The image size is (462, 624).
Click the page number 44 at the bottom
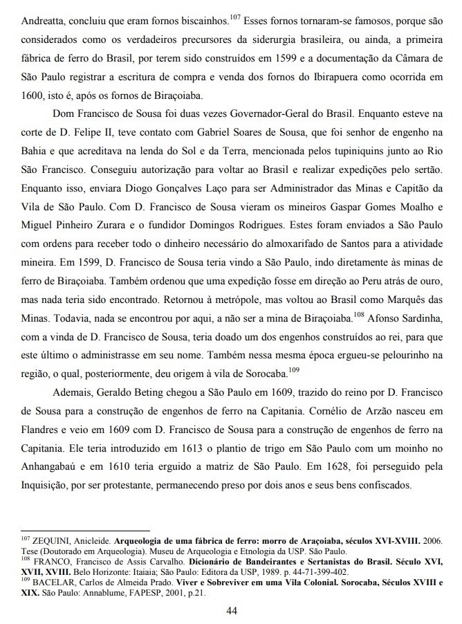click(x=232, y=611)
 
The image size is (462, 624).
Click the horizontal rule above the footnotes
click(x=89, y=528)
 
